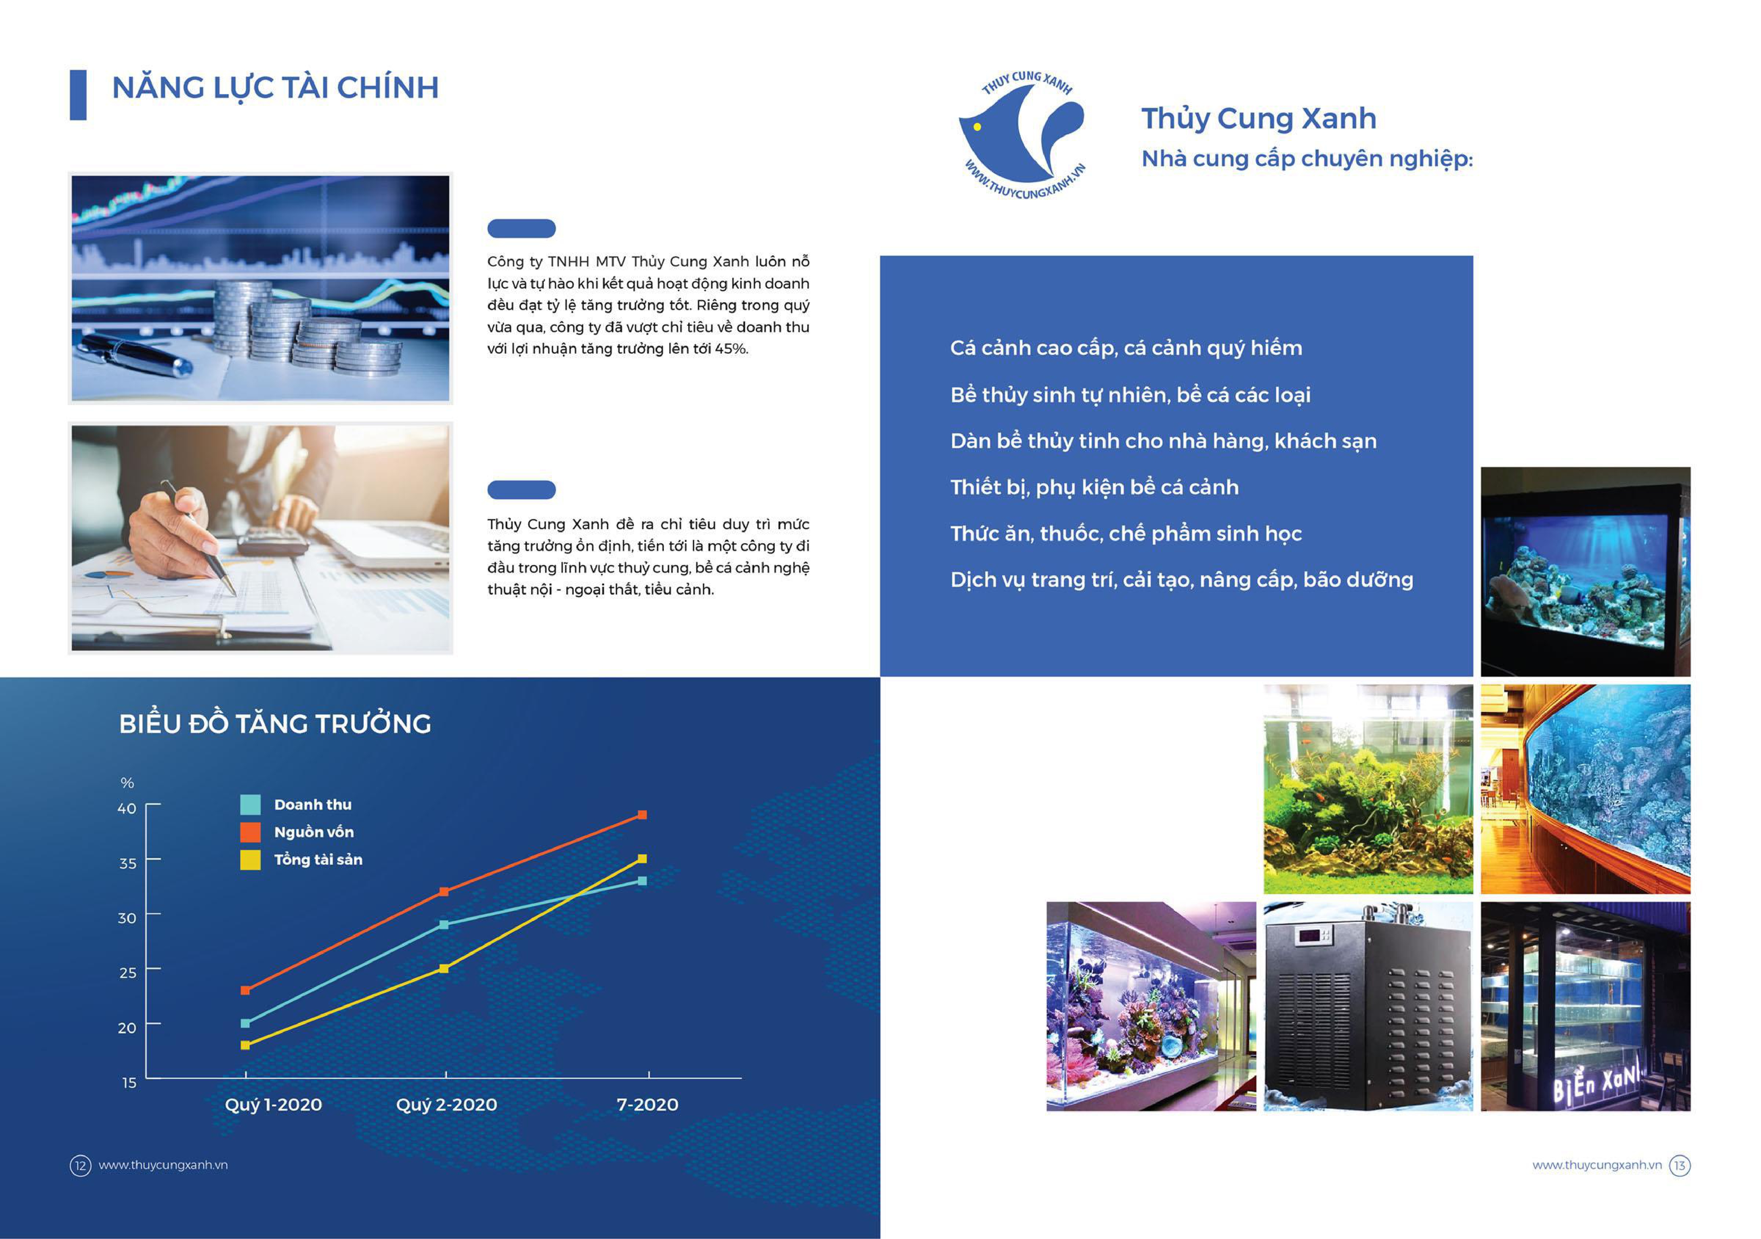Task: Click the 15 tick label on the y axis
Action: (129, 1083)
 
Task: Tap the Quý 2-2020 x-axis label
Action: (446, 1105)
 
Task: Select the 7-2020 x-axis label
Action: (647, 1105)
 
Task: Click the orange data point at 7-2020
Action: (643, 815)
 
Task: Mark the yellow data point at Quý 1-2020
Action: (245, 1045)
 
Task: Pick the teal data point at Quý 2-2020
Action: (444, 924)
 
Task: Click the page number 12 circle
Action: (81, 1165)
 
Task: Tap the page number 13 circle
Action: (1680, 1165)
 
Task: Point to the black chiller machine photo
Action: (1368, 1006)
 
